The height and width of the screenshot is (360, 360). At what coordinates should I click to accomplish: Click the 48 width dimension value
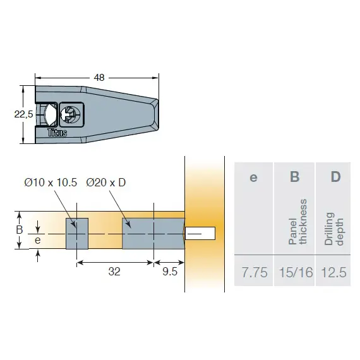(x=99, y=78)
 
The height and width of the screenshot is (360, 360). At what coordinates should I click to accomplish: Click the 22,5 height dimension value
(x=23, y=114)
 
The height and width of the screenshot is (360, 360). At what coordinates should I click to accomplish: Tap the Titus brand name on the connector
(x=57, y=133)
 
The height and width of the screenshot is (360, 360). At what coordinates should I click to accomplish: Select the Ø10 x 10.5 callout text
(x=51, y=183)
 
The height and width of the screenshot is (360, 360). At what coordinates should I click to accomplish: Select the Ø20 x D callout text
(x=106, y=183)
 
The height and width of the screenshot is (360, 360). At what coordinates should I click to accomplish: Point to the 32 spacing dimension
(x=114, y=272)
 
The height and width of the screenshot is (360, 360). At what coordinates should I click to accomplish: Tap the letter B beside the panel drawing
(x=20, y=230)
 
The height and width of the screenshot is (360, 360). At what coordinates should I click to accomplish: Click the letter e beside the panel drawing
(x=38, y=240)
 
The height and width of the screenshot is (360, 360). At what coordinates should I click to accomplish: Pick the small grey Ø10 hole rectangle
(x=76, y=233)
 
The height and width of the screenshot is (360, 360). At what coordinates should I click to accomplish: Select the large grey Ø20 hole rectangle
(x=153, y=233)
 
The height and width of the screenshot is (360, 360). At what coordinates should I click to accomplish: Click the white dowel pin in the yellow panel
(x=201, y=233)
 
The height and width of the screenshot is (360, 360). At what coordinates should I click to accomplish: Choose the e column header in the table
(x=253, y=177)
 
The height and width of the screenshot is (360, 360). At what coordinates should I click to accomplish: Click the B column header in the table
(x=294, y=177)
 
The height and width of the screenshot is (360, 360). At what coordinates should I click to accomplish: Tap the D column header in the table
(x=335, y=177)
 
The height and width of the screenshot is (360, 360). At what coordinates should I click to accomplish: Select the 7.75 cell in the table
(x=255, y=273)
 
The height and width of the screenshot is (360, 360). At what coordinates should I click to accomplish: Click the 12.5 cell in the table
(x=334, y=273)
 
